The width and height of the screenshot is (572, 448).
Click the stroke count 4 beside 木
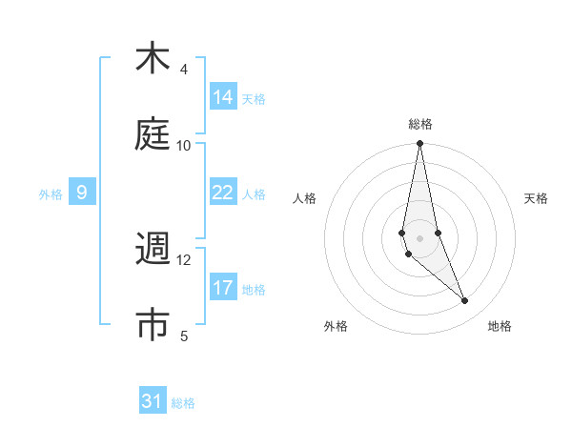tap(184, 71)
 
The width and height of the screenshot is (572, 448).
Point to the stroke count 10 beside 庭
tap(184, 145)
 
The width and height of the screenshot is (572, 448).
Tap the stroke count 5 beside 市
tap(184, 336)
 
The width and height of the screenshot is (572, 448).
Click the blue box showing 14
tap(223, 97)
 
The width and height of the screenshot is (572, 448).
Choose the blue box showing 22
tap(223, 193)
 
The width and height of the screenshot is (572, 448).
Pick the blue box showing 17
tap(223, 287)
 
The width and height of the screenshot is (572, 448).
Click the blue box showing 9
tap(82, 193)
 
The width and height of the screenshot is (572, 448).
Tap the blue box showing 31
tap(153, 401)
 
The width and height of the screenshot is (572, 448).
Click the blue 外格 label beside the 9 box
tap(51, 194)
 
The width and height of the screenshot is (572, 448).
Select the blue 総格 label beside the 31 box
tap(183, 403)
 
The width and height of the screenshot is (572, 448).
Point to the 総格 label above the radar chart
tap(420, 124)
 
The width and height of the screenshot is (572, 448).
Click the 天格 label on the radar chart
tap(537, 198)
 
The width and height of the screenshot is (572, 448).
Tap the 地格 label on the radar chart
tap(500, 327)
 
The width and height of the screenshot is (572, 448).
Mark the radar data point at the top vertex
tap(419, 144)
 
